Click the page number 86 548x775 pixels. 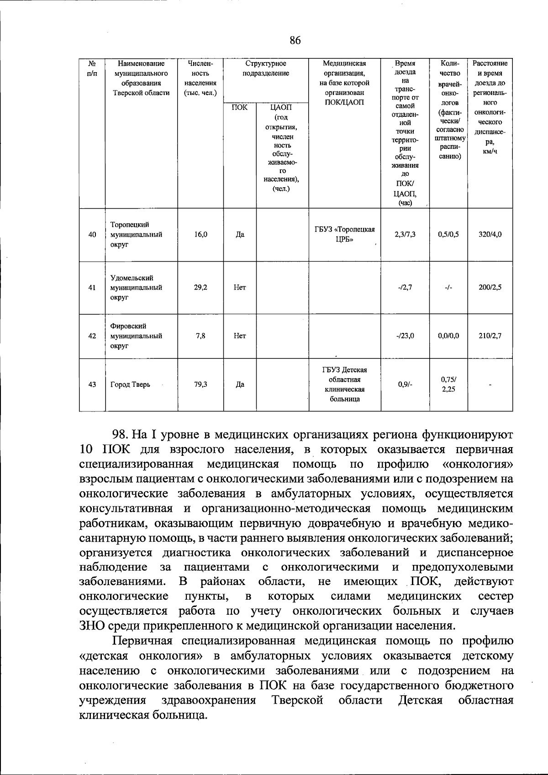pos(295,41)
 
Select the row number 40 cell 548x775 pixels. pos(92,235)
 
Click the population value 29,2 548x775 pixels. pos(200,288)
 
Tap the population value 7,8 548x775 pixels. pos(200,336)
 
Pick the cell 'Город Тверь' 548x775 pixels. pos(130,385)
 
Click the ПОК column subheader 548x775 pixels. pos(240,108)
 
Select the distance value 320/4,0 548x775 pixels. pos(490,234)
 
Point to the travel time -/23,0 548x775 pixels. pos(405,336)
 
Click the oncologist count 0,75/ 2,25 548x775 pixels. pos(448,385)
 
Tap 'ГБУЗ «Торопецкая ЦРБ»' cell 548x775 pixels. pos(345,234)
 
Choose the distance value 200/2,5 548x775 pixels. pos(490,288)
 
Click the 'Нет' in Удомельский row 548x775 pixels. pos(240,288)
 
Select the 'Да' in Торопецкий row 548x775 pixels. pos(240,235)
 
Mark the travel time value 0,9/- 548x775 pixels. pos(405,385)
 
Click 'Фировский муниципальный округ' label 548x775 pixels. pos(136,336)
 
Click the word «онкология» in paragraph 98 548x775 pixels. pos(478,464)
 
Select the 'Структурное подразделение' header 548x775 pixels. pos(266,69)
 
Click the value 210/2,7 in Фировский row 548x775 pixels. pos(490,336)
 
